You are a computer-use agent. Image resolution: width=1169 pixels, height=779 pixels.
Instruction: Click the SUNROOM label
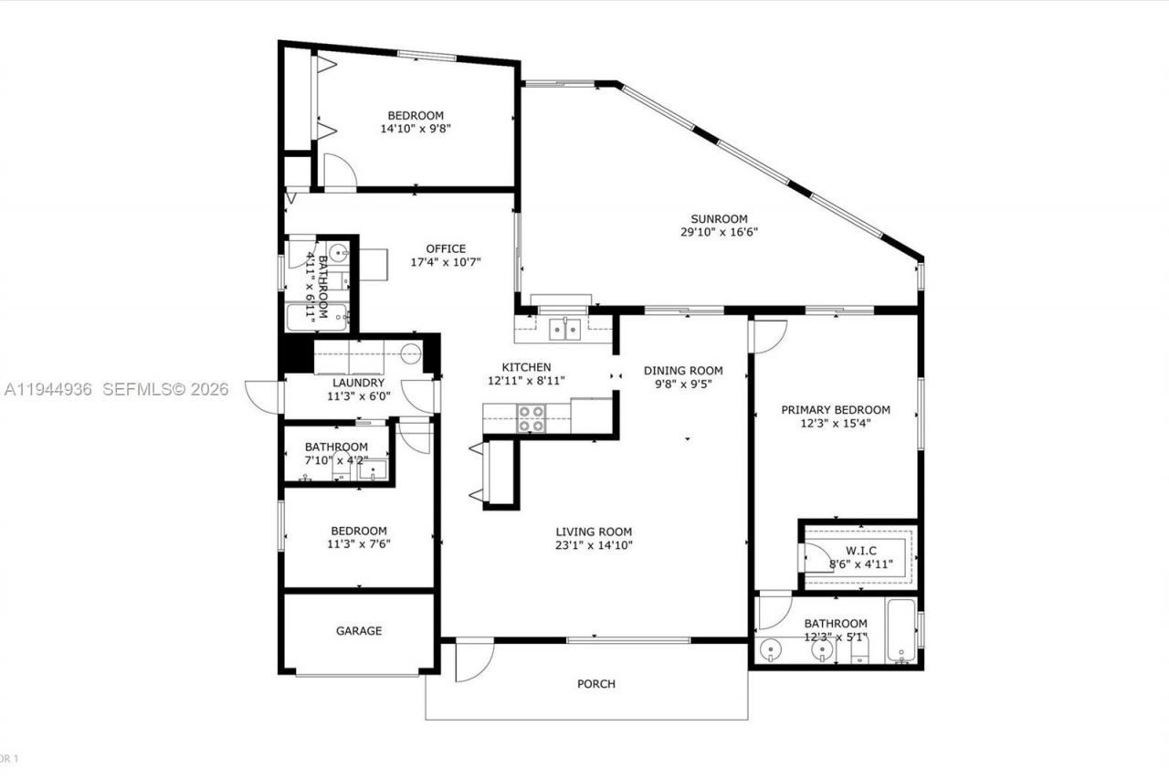(719, 219)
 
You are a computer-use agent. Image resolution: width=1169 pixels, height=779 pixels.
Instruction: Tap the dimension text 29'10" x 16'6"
(719, 232)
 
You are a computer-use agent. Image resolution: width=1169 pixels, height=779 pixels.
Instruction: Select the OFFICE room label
(446, 248)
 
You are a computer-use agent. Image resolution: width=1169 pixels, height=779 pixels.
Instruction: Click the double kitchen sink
(564, 330)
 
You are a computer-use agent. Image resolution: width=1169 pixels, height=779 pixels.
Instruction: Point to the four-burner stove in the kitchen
(532, 418)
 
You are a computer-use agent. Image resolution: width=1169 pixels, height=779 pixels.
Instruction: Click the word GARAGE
(359, 631)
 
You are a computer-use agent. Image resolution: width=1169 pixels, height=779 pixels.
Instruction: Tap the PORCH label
(596, 684)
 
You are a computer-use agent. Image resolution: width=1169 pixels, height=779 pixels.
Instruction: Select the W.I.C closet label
(861, 551)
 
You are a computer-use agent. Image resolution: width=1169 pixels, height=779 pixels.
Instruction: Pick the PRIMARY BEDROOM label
(836, 410)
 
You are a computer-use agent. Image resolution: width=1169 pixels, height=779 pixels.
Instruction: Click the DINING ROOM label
(683, 371)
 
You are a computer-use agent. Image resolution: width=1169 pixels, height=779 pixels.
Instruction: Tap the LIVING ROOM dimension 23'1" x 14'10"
(595, 545)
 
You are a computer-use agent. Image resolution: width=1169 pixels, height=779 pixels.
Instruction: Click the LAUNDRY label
(358, 384)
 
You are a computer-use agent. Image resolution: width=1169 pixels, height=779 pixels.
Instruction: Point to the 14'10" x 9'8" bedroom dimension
(416, 129)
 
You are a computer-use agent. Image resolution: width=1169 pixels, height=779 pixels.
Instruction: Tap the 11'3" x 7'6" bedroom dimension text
(358, 544)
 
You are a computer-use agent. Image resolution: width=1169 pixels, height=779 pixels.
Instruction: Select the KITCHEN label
(525, 367)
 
